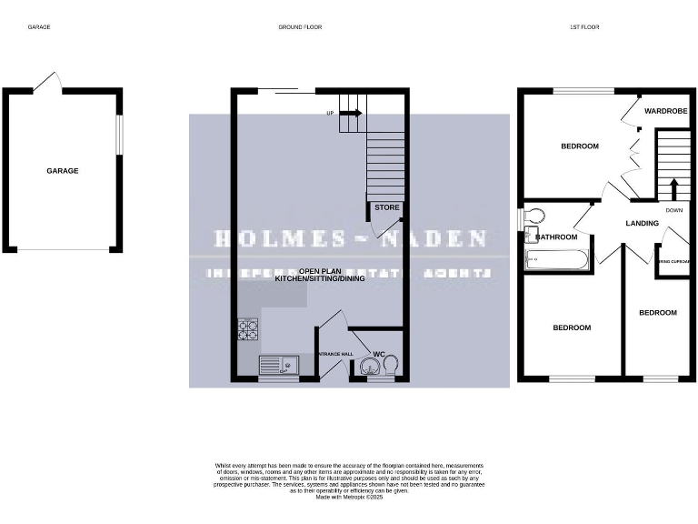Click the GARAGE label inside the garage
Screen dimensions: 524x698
63,171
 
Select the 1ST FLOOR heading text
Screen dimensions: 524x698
583,27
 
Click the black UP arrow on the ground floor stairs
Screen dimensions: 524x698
351,113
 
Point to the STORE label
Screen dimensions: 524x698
387,207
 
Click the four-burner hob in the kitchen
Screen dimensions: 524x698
248,329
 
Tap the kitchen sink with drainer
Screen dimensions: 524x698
279,365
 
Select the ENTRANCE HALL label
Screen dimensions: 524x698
334,354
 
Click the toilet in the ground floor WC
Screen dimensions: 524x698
392,364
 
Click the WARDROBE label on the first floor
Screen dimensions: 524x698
665,111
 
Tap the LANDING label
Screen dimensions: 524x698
642,223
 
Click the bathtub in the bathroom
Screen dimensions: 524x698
557,261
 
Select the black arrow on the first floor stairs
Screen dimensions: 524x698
673,187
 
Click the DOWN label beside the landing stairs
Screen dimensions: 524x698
673,210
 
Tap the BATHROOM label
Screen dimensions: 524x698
556,237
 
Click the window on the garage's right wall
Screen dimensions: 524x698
118,135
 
